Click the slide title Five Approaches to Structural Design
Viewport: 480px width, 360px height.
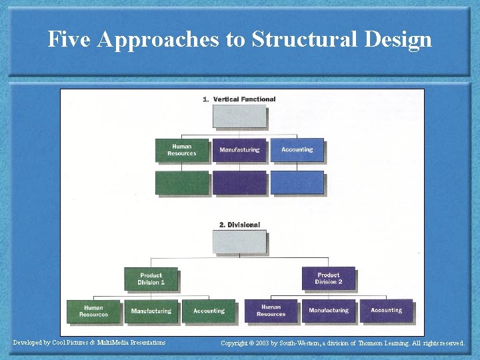(240, 39)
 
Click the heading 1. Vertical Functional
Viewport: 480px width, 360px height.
(239, 99)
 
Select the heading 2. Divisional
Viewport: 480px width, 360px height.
(239, 225)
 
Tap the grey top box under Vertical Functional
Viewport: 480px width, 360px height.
(239, 116)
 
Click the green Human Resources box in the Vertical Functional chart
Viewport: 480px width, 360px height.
(182, 150)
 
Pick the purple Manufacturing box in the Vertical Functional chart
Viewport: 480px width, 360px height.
(239, 150)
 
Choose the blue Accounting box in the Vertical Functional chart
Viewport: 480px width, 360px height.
(297, 150)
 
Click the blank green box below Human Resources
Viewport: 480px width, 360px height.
(182, 183)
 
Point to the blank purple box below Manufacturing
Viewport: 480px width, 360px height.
(239, 183)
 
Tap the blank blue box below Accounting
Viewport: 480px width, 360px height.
(297, 183)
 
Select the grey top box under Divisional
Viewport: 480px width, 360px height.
(239, 241)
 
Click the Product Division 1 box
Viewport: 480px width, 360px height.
(151, 279)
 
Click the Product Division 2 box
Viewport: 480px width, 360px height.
(328, 279)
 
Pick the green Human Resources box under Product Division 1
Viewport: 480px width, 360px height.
(94, 311)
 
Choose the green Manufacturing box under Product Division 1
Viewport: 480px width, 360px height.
(151, 311)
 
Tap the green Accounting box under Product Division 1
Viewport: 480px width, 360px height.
(209, 311)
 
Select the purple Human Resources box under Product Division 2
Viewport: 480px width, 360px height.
(271, 311)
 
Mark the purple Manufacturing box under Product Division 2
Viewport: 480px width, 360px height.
(329, 311)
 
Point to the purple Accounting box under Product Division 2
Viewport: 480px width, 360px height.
(386, 311)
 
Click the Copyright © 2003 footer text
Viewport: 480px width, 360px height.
(343, 343)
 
